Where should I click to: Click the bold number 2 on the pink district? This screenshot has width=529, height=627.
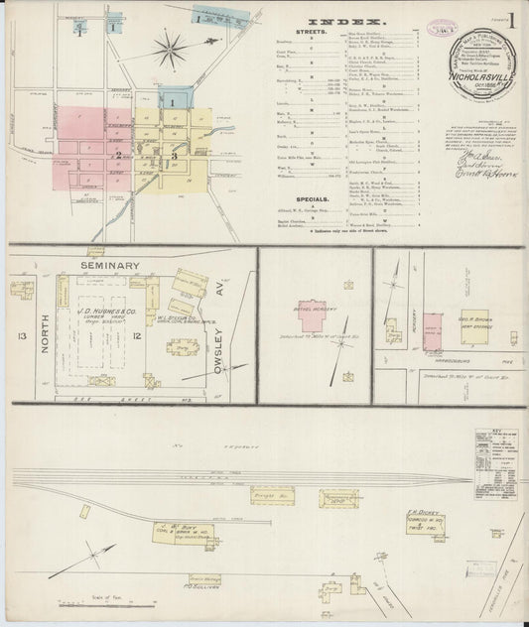tap(118, 154)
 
